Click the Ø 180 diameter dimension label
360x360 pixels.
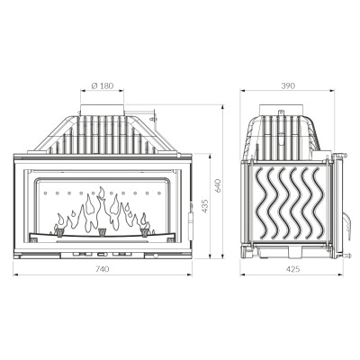point(103,85)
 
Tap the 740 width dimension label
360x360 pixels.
point(103,269)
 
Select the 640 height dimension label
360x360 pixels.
point(218,185)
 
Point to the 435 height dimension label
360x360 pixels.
point(204,206)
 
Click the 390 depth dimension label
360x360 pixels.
point(288,85)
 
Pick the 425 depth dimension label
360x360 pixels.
point(292,269)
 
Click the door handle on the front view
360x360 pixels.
point(190,221)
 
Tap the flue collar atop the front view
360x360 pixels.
point(102,110)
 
